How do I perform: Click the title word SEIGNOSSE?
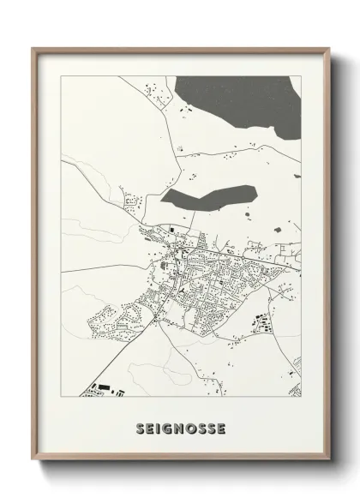[x=180, y=427]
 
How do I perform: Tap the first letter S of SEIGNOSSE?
[x=141, y=427]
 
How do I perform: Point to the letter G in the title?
[x=170, y=427]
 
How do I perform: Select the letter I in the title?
[x=160, y=427]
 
